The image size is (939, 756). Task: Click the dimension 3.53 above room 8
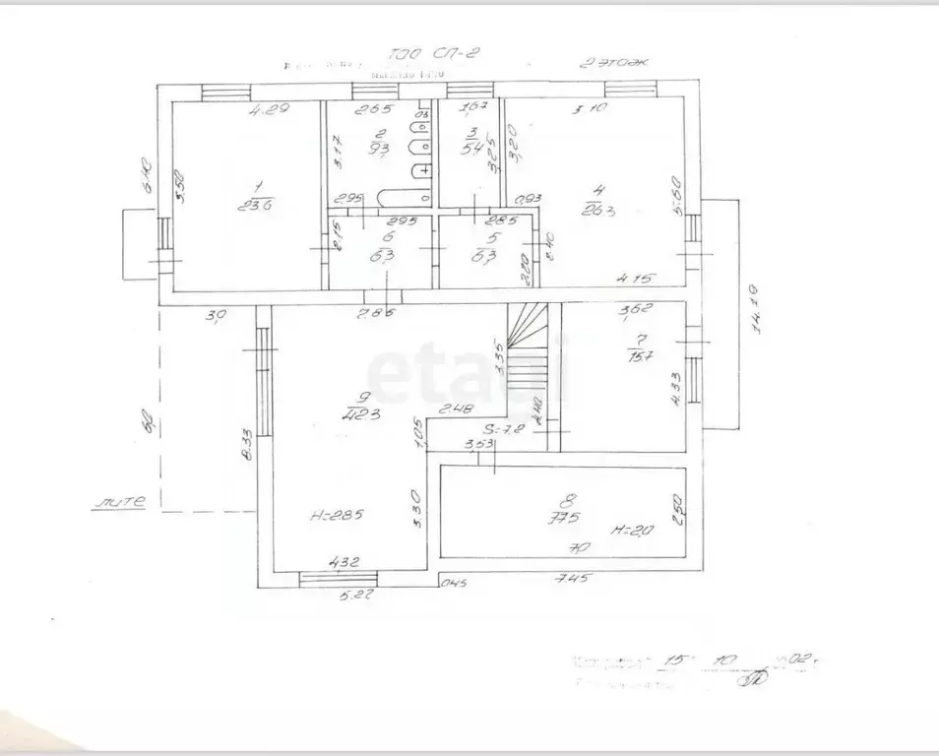479,446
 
